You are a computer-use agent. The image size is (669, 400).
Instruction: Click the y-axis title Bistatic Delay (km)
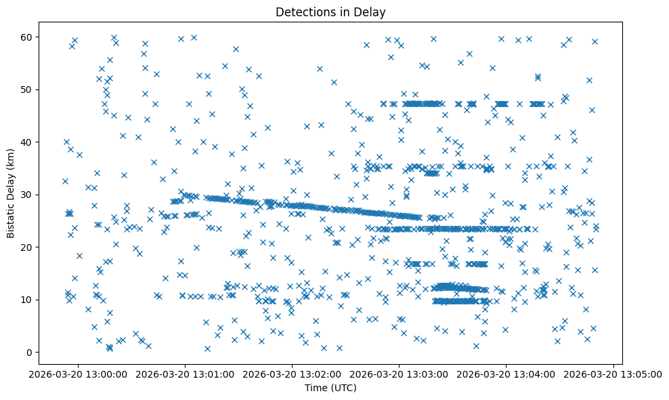click(11, 195)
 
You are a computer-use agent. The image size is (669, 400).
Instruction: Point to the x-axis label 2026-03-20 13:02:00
click(293, 374)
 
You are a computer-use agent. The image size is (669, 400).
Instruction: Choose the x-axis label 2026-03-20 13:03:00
click(400, 374)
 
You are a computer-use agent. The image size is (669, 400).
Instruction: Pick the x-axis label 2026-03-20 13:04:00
click(506, 374)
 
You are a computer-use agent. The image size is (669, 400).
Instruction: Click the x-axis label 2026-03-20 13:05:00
click(613, 374)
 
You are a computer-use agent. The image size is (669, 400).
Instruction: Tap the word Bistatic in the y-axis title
click(11, 216)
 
